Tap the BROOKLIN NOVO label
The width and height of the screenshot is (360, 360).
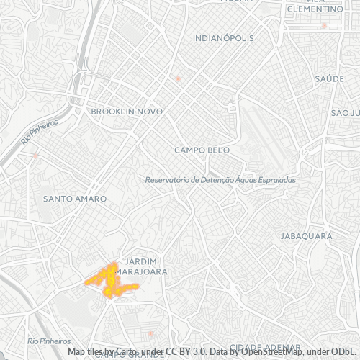[x=127, y=112]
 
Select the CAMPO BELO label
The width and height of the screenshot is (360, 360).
[x=202, y=150]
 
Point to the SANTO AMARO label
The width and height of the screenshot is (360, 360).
[x=75, y=198]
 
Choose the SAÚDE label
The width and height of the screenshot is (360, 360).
[x=329, y=78]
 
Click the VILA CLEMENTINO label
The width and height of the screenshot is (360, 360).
[x=315, y=6]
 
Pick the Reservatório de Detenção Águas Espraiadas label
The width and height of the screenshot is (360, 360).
[x=220, y=180]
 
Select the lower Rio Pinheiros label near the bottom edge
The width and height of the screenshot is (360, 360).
[x=49, y=341]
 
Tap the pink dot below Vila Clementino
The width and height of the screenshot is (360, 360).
[x=324, y=25]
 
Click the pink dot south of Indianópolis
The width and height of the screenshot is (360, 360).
[x=178, y=78]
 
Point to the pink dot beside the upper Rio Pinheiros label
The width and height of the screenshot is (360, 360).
[x=35, y=155]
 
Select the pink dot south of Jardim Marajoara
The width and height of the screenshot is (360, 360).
[x=150, y=333]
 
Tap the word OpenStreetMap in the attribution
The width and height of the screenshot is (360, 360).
[x=273, y=352]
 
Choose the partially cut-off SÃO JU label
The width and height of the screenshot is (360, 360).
[x=345, y=113]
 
